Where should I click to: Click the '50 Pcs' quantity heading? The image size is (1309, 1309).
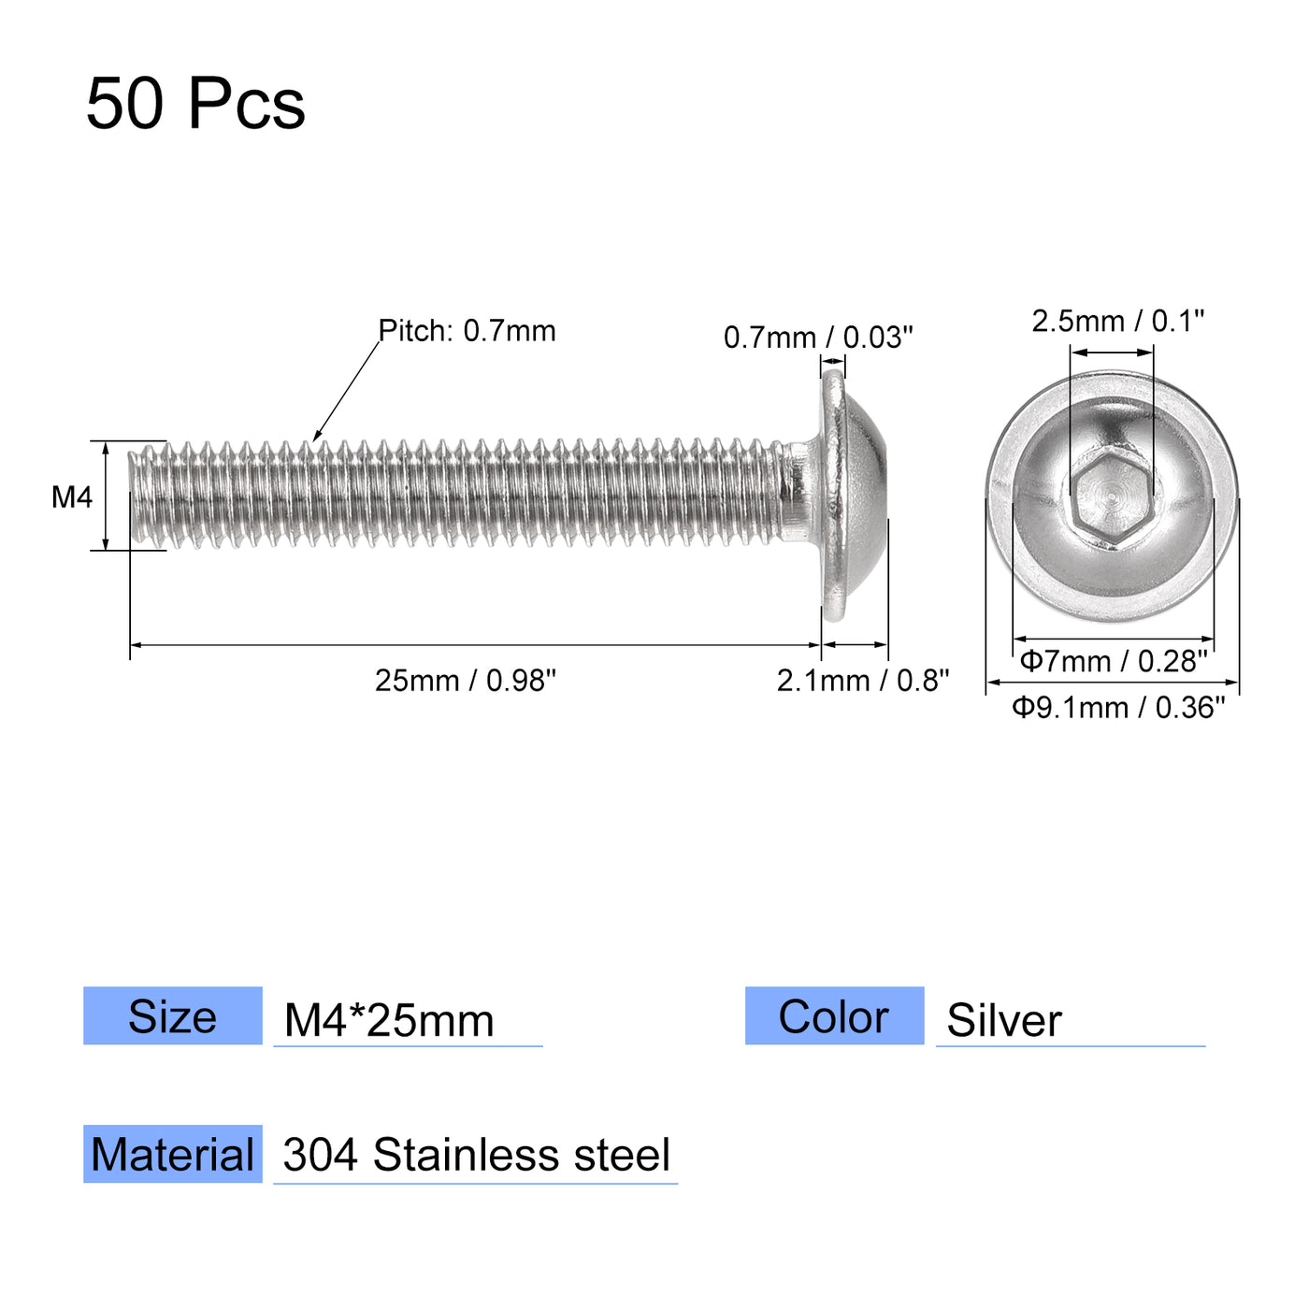[195, 104]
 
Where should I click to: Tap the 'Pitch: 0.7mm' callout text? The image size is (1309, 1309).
[467, 331]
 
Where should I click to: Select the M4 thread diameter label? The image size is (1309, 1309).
[72, 497]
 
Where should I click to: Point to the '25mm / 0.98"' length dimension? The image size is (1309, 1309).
[466, 681]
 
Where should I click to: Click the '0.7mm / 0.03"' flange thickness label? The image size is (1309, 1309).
[818, 338]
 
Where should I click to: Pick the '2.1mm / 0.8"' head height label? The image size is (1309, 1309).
[862, 681]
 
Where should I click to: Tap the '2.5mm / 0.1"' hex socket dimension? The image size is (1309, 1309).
[1117, 322]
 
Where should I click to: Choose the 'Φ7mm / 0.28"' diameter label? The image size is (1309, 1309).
[1114, 662]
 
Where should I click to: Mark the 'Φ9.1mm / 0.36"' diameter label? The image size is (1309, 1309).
[1118, 708]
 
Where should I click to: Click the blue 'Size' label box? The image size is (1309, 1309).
[173, 1016]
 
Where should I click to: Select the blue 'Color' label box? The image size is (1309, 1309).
[834, 1016]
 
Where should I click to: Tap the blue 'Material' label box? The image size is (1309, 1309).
[173, 1155]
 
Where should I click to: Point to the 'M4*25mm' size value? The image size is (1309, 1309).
[389, 1020]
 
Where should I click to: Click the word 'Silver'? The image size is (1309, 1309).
[1004, 1020]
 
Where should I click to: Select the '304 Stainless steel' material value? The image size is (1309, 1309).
[476, 1156]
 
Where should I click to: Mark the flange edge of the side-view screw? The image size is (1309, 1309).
[832, 496]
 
